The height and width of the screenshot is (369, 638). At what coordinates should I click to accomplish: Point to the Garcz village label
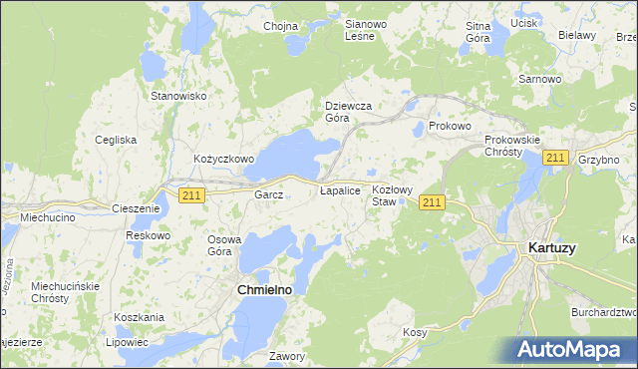tap(269, 195)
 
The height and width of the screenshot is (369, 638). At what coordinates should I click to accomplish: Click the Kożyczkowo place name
tap(224, 159)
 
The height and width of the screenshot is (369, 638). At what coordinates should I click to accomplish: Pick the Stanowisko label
tap(177, 96)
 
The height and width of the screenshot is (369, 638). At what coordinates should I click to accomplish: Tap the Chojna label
tap(281, 27)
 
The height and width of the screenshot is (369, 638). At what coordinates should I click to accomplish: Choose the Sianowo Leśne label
tap(359, 30)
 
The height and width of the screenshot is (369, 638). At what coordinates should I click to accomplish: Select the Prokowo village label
tap(449, 127)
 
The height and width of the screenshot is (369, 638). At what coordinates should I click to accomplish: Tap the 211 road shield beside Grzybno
tap(556, 158)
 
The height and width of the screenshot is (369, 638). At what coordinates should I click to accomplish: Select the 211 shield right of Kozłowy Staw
tap(431, 202)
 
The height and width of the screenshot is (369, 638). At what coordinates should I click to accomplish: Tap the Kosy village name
tap(415, 332)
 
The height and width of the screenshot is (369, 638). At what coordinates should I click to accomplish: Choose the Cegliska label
tap(116, 140)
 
